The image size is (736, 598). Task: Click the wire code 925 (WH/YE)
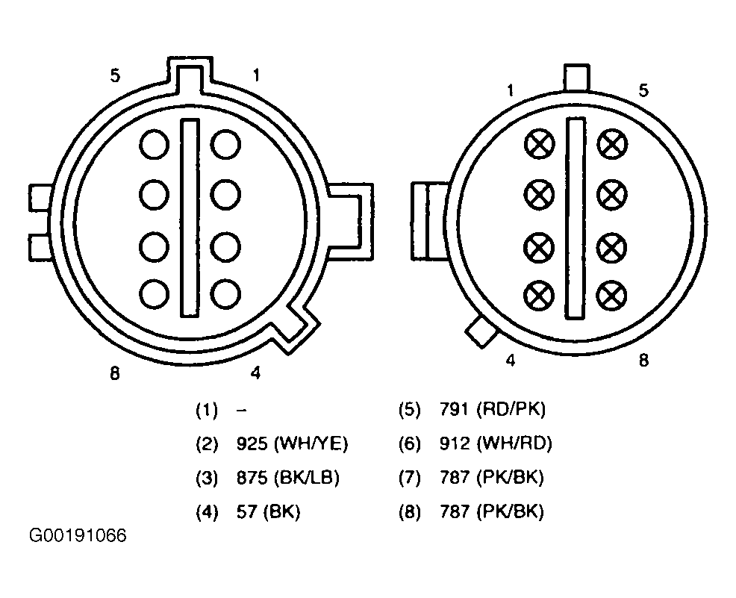click(292, 443)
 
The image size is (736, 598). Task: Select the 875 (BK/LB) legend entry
click(287, 478)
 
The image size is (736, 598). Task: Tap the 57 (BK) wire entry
click(268, 511)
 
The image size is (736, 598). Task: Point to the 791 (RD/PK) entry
click(493, 410)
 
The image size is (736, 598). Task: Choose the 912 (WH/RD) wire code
click(496, 443)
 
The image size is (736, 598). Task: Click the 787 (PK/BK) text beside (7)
click(492, 478)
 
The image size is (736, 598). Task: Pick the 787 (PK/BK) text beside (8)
click(492, 511)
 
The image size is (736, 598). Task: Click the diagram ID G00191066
click(78, 535)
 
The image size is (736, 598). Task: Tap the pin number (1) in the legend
click(207, 411)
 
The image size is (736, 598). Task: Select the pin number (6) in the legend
click(410, 444)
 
